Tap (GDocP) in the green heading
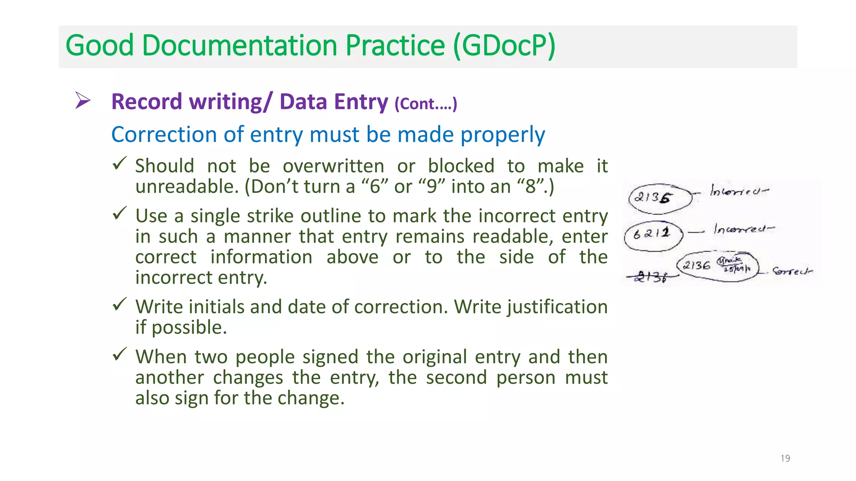point(504,46)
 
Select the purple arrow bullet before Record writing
point(82,100)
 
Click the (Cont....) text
point(425,104)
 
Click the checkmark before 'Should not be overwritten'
point(120,163)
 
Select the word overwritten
point(333,166)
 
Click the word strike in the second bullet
point(270,216)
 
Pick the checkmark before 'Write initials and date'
point(120,304)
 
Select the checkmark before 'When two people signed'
point(120,354)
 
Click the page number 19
point(785,458)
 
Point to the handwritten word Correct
point(792,271)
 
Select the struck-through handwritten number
point(650,277)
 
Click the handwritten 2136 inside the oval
point(697,265)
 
